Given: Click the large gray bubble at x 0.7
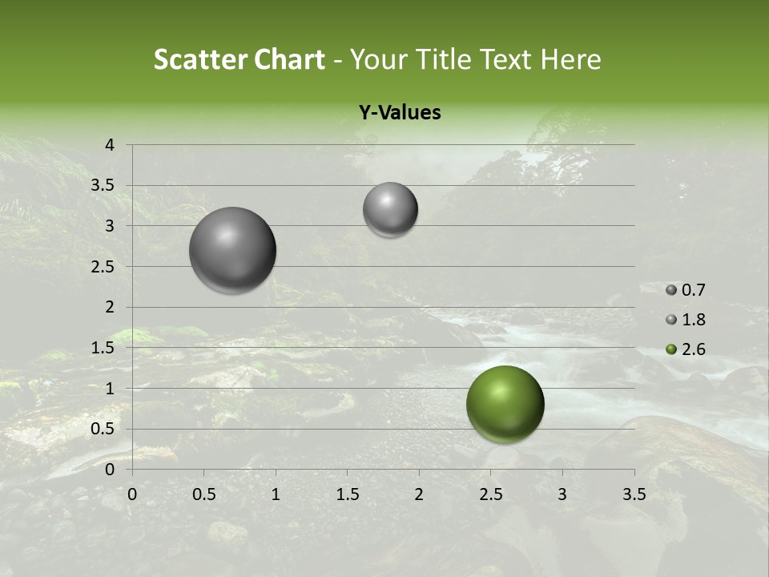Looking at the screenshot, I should click(x=233, y=250).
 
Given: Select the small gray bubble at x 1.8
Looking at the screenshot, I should click(x=390, y=210).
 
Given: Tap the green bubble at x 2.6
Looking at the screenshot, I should click(x=505, y=404).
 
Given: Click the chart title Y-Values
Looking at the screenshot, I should click(x=400, y=113).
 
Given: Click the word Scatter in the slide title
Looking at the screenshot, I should click(x=200, y=59).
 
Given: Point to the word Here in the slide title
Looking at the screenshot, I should click(x=570, y=59).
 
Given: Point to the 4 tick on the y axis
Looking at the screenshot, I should click(x=111, y=145).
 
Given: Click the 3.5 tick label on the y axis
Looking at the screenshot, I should click(x=103, y=186).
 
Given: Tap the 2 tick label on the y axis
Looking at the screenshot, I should click(x=111, y=307).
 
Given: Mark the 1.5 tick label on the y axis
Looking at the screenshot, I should click(x=103, y=348).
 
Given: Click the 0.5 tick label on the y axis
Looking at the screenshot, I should click(x=103, y=429).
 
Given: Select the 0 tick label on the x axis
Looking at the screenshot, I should click(x=132, y=494).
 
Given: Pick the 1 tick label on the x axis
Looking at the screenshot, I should click(x=276, y=494).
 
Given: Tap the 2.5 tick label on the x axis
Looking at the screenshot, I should click(x=490, y=494).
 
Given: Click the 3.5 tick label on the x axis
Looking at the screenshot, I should click(x=634, y=494).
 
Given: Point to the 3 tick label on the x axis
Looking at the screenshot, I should click(x=562, y=494).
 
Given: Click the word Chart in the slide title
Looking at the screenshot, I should click(x=289, y=59).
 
